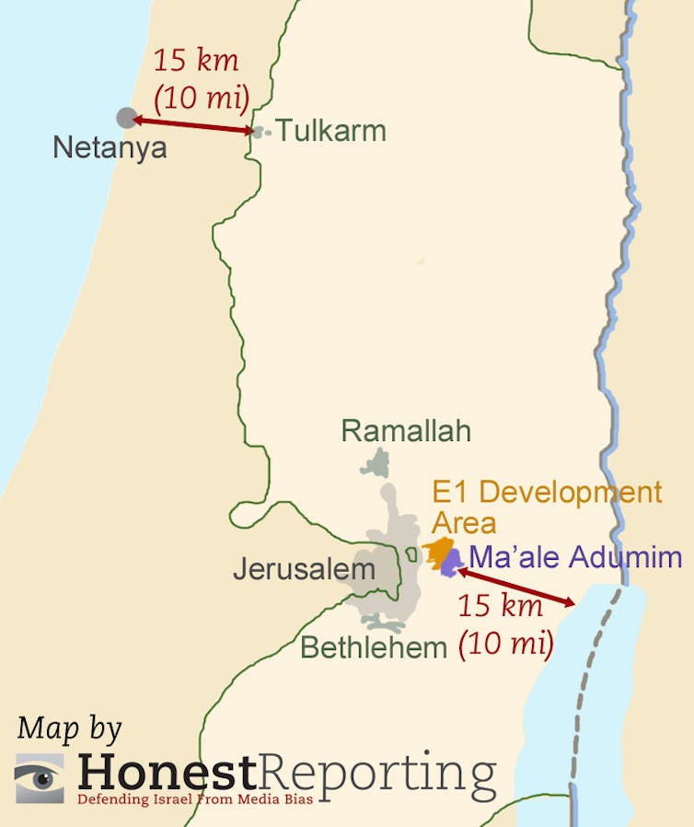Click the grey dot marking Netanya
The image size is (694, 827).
(126, 118)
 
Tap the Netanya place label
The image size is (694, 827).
(110, 147)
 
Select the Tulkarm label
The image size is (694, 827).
(331, 131)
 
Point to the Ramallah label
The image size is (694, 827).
(406, 430)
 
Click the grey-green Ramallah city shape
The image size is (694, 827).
(376, 462)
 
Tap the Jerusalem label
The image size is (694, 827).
(304, 569)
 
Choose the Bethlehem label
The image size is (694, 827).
(374, 647)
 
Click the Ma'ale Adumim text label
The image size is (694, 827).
(575, 557)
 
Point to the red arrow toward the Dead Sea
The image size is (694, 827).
(515, 587)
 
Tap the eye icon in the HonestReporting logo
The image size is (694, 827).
(40, 777)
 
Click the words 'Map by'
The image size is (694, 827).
(69, 728)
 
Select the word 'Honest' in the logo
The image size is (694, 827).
(166, 770)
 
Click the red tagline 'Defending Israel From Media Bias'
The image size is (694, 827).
(195, 798)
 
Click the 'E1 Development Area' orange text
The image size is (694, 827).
(547, 507)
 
